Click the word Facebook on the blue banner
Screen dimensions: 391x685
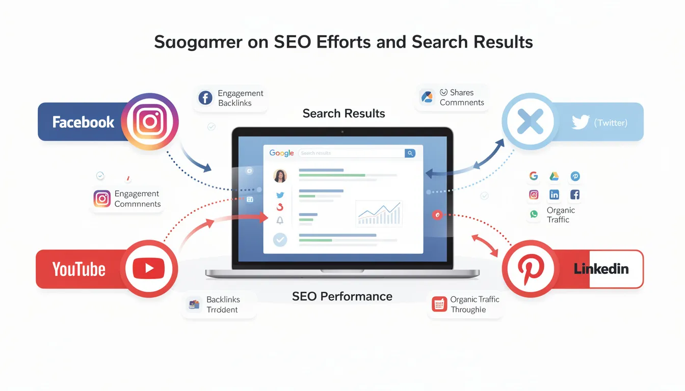[x=84, y=122]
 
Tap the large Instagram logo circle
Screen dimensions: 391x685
[x=150, y=122]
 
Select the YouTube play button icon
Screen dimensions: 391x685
[x=149, y=268]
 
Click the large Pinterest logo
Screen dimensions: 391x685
[x=531, y=268]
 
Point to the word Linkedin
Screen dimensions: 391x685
[x=601, y=269]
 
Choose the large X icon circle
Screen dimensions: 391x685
[x=530, y=122]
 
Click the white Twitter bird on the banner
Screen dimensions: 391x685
[x=580, y=122]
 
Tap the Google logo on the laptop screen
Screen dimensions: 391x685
[x=281, y=153]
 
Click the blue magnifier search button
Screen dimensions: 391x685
[x=410, y=153]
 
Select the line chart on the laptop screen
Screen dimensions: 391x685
[x=379, y=213]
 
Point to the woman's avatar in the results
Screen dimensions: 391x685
[x=280, y=176]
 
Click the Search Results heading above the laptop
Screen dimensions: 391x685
[x=344, y=113]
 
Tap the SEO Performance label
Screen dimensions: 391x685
[x=342, y=296]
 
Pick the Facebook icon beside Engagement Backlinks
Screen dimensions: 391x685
[x=205, y=98]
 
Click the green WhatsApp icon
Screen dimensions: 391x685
[x=534, y=214]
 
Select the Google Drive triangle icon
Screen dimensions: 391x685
[x=554, y=176]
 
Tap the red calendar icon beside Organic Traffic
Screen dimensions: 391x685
[x=439, y=304]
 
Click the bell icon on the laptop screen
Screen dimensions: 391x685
[x=280, y=220]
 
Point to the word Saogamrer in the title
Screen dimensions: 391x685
[x=198, y=42]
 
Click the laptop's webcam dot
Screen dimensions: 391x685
[x=342, y=131]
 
